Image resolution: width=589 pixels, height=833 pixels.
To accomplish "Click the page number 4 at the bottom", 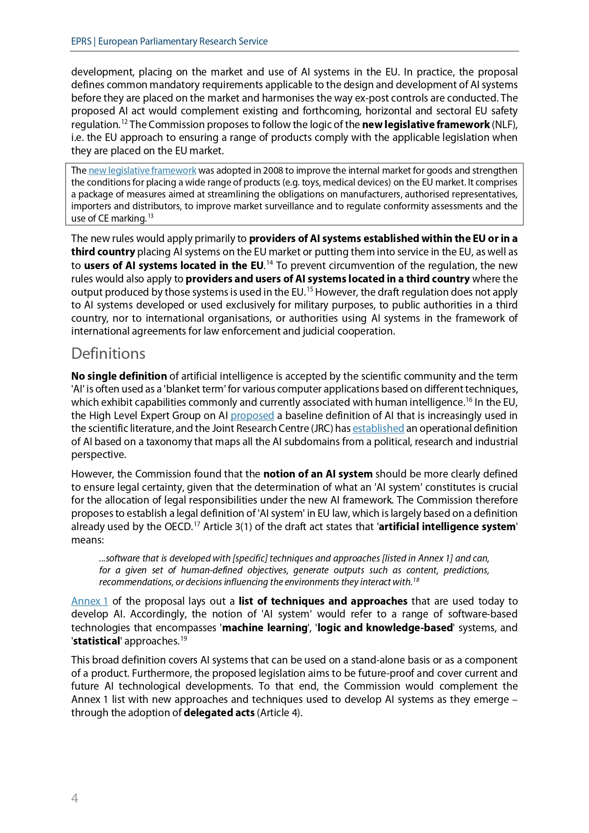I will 75,798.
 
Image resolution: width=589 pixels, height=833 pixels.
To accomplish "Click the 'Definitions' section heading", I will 108,354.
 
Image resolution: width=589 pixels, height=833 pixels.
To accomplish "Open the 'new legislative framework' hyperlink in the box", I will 142,171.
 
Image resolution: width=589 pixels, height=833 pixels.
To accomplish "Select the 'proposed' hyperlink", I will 252,416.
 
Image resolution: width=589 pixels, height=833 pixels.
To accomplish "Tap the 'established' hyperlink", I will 378,429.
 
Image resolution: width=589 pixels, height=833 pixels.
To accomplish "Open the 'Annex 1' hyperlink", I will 90,601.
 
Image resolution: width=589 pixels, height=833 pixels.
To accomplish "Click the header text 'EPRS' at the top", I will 81,41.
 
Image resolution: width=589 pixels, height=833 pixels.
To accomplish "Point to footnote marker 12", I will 124,122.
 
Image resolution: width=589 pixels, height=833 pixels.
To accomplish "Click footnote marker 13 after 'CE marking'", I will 150,216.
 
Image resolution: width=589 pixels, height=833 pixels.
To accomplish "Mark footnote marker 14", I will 269,263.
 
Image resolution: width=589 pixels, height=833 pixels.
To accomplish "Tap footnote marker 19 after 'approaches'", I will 184,638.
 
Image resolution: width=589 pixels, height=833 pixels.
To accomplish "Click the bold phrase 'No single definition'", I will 119,376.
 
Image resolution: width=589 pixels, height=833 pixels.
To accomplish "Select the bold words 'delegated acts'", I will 219,713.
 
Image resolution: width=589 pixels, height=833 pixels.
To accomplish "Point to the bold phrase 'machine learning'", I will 265,628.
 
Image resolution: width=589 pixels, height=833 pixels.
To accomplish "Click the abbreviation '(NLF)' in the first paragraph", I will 505,125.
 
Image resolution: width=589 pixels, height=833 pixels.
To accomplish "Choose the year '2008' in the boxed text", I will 273,171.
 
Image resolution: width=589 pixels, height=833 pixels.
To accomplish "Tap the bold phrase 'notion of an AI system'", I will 318,474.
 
